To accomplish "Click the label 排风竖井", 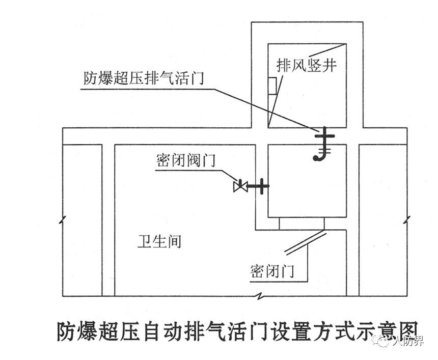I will [x=307, y=66].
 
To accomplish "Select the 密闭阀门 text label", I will [x=186, y=161].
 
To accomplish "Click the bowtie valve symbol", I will [x=240, y=186].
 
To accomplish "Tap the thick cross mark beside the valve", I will [x=260, y=186].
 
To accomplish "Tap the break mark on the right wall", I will [x=406, y=219].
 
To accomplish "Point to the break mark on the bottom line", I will [x=261, y=296].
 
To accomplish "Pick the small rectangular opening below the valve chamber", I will [x=302, y=224].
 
